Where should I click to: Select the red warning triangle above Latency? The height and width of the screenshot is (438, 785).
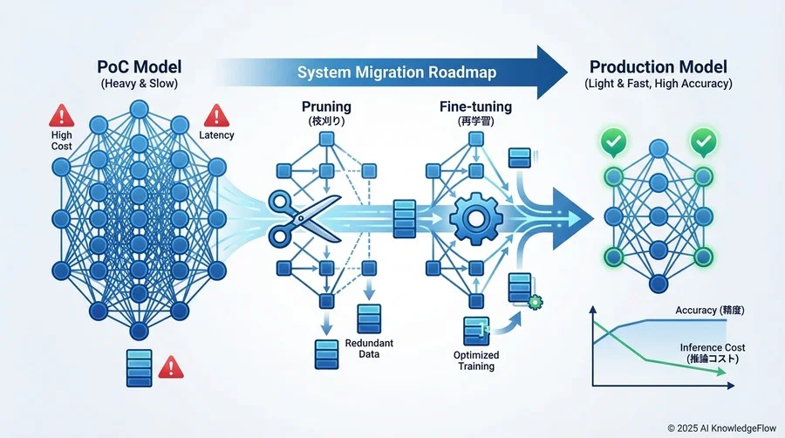click(x=215, y=116)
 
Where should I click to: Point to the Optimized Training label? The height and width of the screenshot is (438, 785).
click(x=475, y=359)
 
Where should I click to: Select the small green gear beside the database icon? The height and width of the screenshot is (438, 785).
click(x=536, y=302)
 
